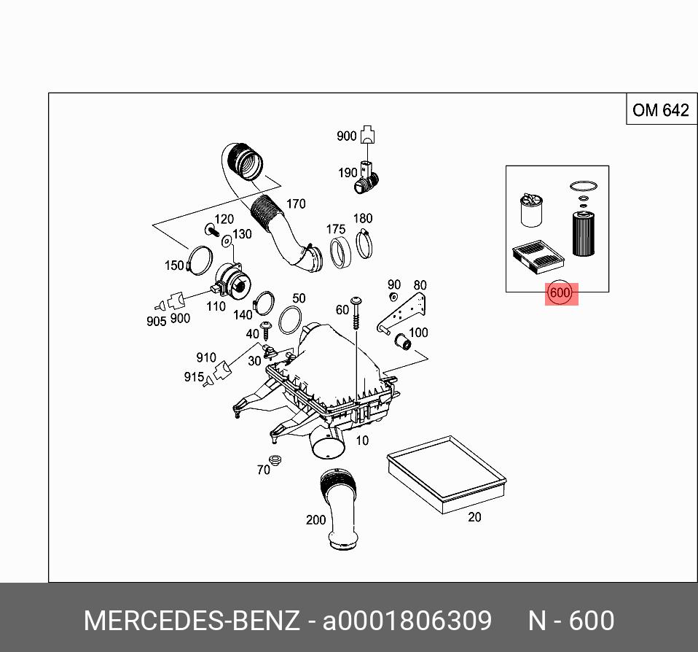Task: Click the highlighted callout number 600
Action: pyautogui.click(x=560, y=293)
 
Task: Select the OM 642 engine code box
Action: pyautogui.click(x=660, y=110)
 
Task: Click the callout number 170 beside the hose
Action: pyautogui.click(x=295, y=204)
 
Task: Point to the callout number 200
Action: pyautogui.click(x=315, y=520)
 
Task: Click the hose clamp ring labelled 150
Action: pyautogui.click(x=199, y=260)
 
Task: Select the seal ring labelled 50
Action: pyautogui.click(x=291, y=319)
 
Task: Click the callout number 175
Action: pyautogui.click(x=335, y=230)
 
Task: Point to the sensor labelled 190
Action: pyautogui.click(x=369, y=176)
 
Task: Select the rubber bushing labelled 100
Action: pyautogui.click(x=400, y=341)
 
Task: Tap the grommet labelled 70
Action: pyautogui.click(x=275, y=460)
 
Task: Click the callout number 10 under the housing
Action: pyautogui.click(x=362, y=440)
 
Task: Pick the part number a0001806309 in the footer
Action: pyautogui.click(x=407, y=621)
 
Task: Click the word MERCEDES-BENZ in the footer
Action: pyautogui.click(x=192, y=621)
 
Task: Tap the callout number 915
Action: pyautogui.click(x=194, y=377)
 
